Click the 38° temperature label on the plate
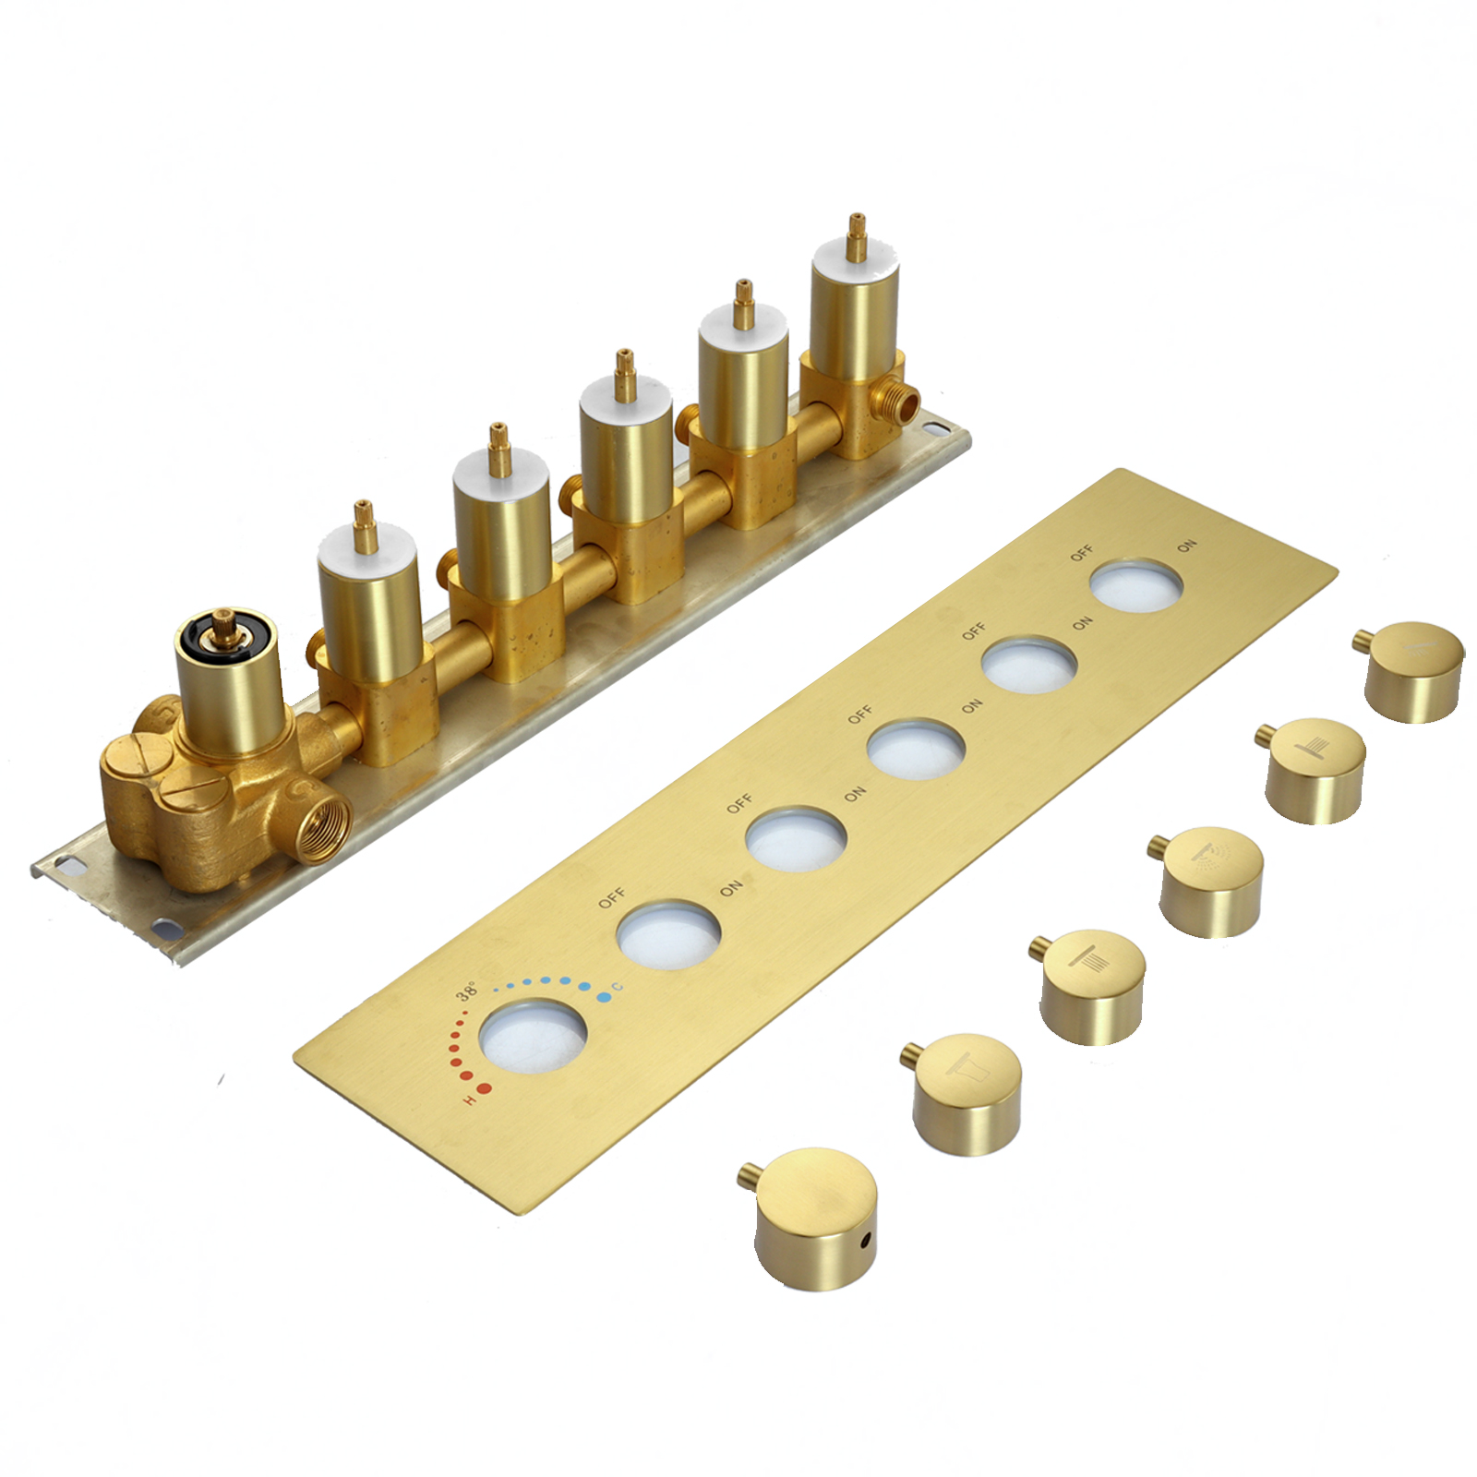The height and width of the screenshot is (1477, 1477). tap(467, 992)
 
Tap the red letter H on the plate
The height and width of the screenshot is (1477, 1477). tap(470, 1101)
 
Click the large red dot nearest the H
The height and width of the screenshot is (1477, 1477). tap(486, 1088)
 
